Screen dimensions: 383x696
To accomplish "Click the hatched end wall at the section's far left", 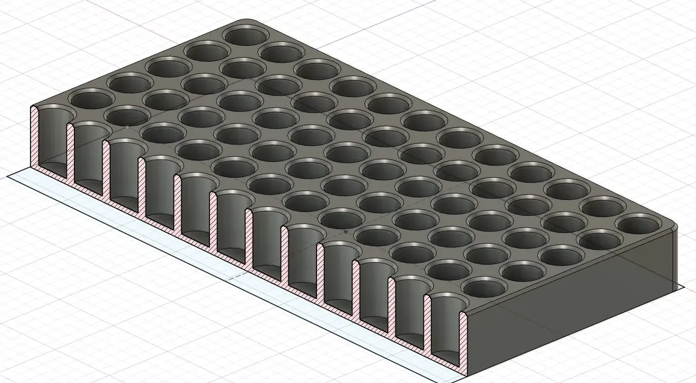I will [x=34, y=136].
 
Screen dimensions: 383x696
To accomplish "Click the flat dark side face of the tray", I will [x=571, y=305].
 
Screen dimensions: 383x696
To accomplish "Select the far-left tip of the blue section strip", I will [x=9, y=176].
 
